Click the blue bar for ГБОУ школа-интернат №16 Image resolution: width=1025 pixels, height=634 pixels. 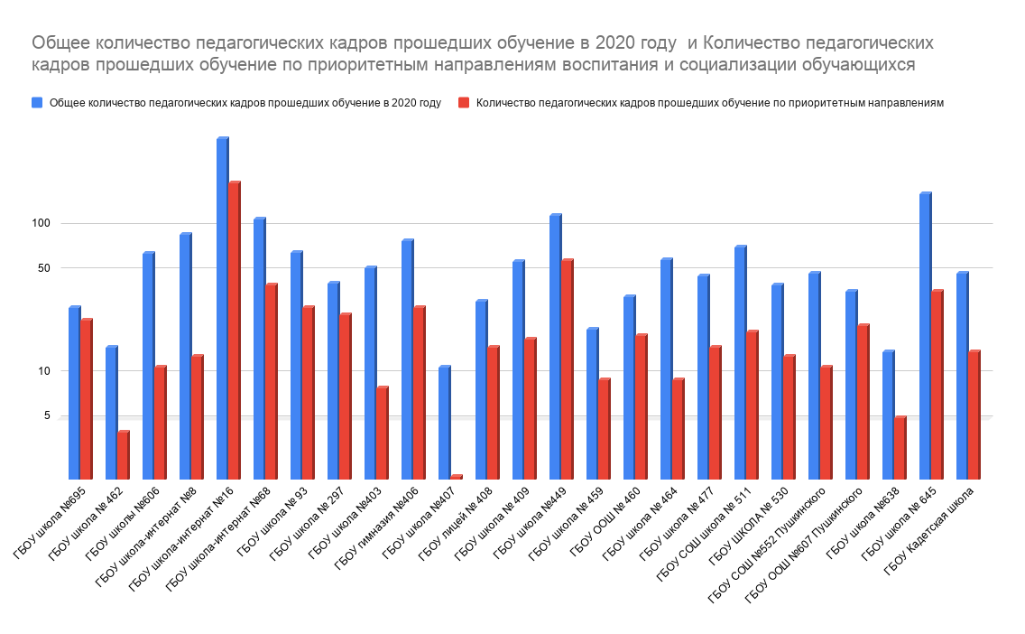point(222,307)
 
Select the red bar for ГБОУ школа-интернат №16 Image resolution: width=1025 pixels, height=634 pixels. point(234,330)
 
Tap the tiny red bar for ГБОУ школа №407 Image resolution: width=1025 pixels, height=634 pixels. point(456,476)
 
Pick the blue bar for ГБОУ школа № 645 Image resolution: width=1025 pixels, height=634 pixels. point(924,335)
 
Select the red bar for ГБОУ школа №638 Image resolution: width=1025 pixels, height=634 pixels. point(900,447)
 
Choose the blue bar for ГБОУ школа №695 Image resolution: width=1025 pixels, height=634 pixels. point(74,392)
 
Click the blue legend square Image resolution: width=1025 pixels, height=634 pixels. point(37,103)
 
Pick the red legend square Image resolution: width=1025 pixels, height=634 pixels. point(464,103)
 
